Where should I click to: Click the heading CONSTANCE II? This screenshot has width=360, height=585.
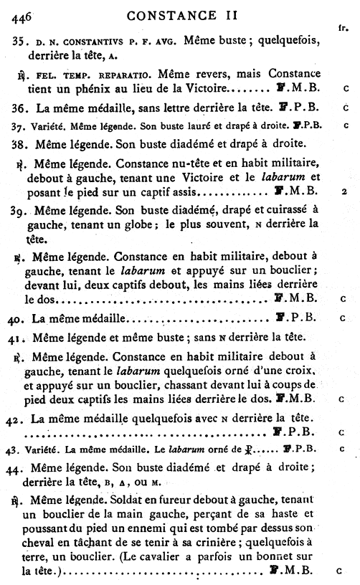point(179,11)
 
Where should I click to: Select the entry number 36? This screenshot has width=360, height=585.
point(19,108)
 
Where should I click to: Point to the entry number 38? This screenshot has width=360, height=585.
point(19,142)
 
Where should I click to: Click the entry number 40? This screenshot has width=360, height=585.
point(20,316)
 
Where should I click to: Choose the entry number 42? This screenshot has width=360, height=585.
point(20,418)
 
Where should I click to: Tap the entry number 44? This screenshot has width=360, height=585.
point(20,466)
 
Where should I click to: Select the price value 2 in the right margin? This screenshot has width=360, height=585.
point(345,193)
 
